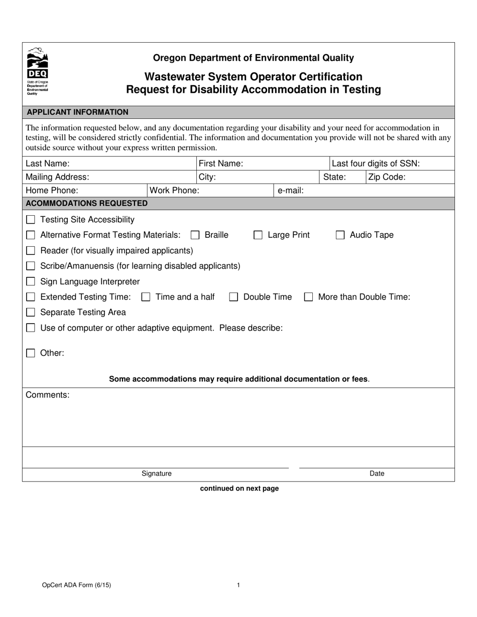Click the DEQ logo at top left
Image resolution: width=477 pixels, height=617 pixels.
click(x=37, y=71)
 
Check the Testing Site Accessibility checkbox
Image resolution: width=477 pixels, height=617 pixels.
click(x=31, y=220)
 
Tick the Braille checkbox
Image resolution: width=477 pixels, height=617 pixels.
click(x=195, y=235)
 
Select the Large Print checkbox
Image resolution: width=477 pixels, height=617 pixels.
click(x=258, y=235)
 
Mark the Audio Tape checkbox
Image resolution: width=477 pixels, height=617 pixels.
click(x=340, y=235)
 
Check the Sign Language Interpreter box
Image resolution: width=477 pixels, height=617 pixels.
click(x=31, y=282)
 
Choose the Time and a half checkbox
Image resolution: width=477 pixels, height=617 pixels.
click(x=146, y=297)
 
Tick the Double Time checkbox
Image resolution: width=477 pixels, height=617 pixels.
click(x=233, y=297)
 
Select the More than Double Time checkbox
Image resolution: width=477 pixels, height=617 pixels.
click(x=308, y=297)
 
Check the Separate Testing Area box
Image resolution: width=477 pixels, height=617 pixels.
click(x=31, y=313)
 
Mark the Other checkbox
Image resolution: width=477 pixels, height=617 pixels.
click(x=31, y=353)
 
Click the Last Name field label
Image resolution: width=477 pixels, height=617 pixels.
click(x=47, y=164)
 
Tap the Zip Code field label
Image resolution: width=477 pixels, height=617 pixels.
click(x=387, y=177)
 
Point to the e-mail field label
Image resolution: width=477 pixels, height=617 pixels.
click(x=291, y=191)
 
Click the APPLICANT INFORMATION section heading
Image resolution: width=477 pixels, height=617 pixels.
click(x=77, y=112)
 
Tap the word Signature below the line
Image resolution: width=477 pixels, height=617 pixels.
click(x=156, y=474)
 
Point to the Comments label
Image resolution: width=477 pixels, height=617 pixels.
click(x=47, y=395)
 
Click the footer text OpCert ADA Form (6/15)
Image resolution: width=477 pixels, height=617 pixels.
click(x=77, y=585)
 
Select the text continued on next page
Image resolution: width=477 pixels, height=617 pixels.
click(x=239, y=489)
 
